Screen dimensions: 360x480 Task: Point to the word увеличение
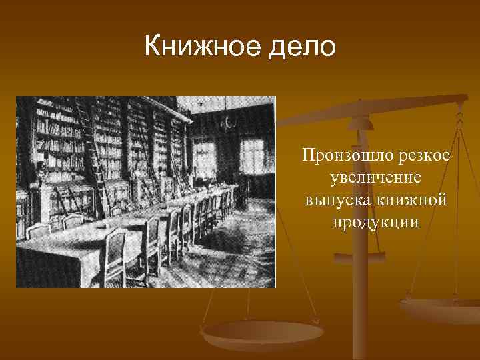(x=377, y=178)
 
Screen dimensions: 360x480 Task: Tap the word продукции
(x=377, y=221)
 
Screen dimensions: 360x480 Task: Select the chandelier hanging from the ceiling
(x=228, y=123)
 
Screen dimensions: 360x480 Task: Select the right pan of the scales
(x=440, y=310)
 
